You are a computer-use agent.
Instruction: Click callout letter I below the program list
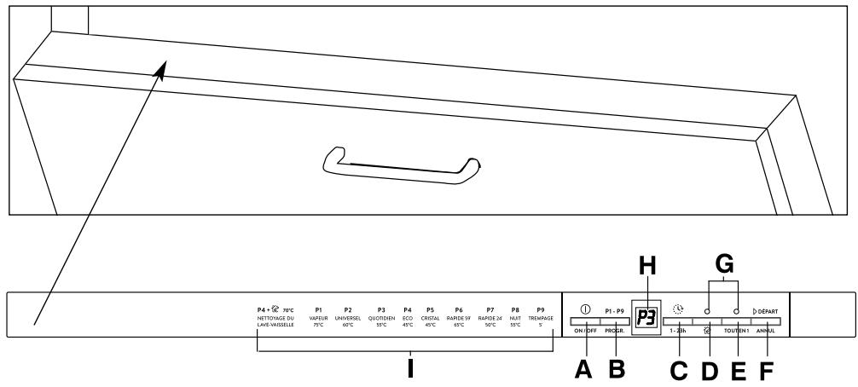411,371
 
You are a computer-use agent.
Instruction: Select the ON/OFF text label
585,330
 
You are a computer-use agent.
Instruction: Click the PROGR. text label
615,330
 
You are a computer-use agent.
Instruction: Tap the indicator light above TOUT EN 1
735,312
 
